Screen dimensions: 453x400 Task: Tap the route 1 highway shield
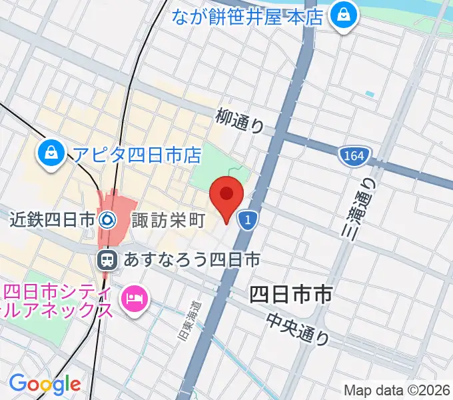pos(247,219)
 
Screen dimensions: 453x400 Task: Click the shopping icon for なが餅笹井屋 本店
pos(345,16)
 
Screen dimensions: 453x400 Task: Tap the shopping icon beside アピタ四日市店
pos(51,154)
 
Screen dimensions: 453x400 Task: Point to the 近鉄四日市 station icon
pos(106,219)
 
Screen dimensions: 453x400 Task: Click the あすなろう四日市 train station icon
pos(106,259)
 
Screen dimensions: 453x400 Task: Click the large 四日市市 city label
pos(290,294)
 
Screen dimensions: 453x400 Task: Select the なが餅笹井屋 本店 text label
pos(249,15)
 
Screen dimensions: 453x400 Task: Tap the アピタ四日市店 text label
pos(137,155)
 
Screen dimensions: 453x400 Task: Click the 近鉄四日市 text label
pos(53,219)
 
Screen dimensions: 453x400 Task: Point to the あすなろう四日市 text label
pos(189,259)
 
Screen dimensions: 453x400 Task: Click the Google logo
pos(45,383)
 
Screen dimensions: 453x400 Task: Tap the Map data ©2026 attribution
pos(396,389)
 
